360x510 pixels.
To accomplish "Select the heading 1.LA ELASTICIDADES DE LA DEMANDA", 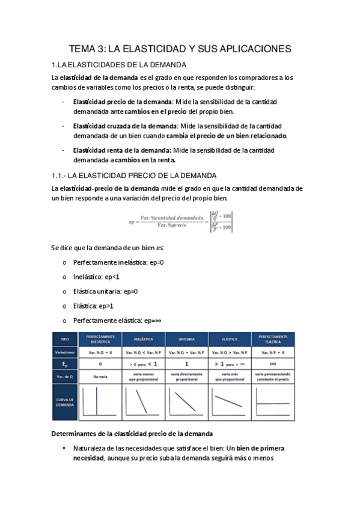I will point(120,65).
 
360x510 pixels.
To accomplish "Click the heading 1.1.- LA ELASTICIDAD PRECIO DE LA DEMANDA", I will point(133,175).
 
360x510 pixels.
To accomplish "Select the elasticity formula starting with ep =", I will point(180,221).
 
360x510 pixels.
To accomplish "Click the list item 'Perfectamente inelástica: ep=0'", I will point(118,263).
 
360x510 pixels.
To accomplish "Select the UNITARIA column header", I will point(186,339).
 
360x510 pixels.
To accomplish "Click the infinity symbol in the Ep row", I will point(273,364).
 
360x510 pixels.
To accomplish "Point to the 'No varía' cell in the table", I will point(100,376).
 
